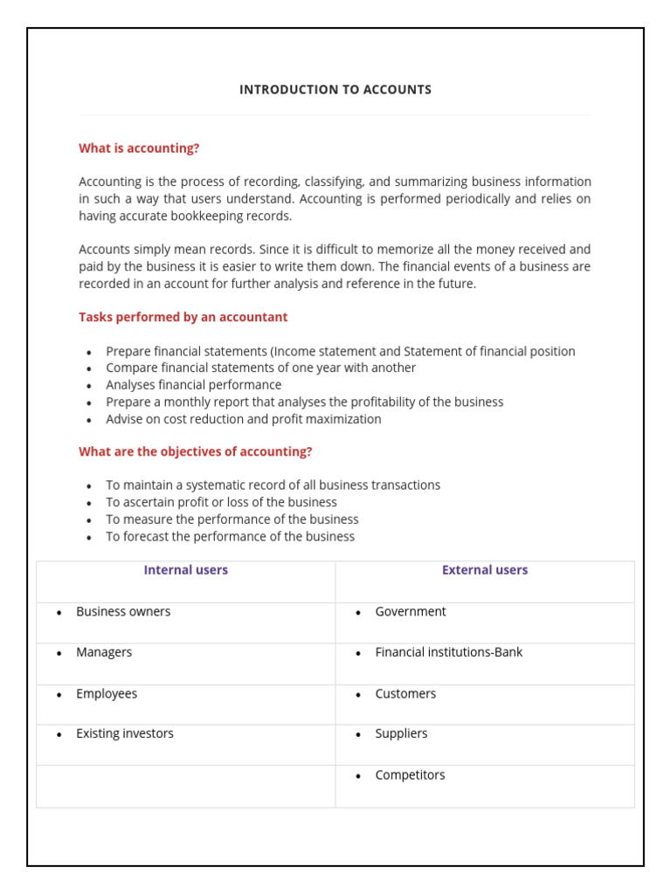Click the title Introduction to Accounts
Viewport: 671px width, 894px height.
coord(335,90)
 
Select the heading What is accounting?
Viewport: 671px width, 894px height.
coord(139,148)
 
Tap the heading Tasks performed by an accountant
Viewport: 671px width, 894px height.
coord(183,317)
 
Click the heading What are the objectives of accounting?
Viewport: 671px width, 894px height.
coord(195,451)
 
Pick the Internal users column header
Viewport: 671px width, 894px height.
coord(185,570)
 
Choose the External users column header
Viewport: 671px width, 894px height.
coord(484,570)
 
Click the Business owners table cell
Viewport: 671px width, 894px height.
coord(123,612)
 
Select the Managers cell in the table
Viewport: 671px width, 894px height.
coord(104,652)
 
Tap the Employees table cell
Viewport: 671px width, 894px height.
coord(107,694)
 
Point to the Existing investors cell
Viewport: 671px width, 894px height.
coord(125,734)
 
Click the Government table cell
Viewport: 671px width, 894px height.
coord(410,612)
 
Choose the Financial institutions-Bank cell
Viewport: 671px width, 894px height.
coord(448,652)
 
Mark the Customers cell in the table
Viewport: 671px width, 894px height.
coord(405,694)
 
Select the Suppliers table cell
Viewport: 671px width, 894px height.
coord(401,734)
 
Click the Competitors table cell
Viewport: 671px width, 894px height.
coord(410,775)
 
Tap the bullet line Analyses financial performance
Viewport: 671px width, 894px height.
coord(193,385)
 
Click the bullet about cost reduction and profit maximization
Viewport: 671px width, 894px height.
coord(243,419)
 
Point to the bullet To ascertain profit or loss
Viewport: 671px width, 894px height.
coord(221,502)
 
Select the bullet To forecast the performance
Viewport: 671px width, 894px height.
coord(230,537)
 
